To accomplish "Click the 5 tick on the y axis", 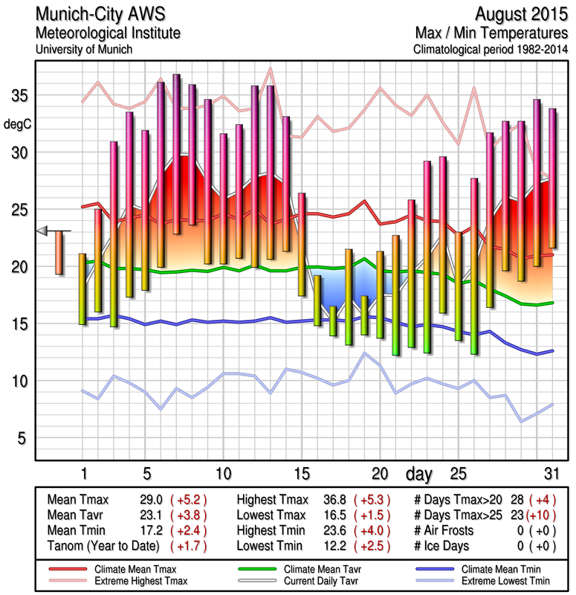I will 19,438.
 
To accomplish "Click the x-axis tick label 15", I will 301,473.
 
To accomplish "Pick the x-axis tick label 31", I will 550,473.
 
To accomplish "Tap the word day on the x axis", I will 421,473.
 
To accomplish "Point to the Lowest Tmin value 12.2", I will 330,547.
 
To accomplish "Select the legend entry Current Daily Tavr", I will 318,579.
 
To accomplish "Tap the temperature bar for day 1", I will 82,289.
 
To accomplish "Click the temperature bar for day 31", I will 551,178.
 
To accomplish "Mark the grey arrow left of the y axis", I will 42,231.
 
